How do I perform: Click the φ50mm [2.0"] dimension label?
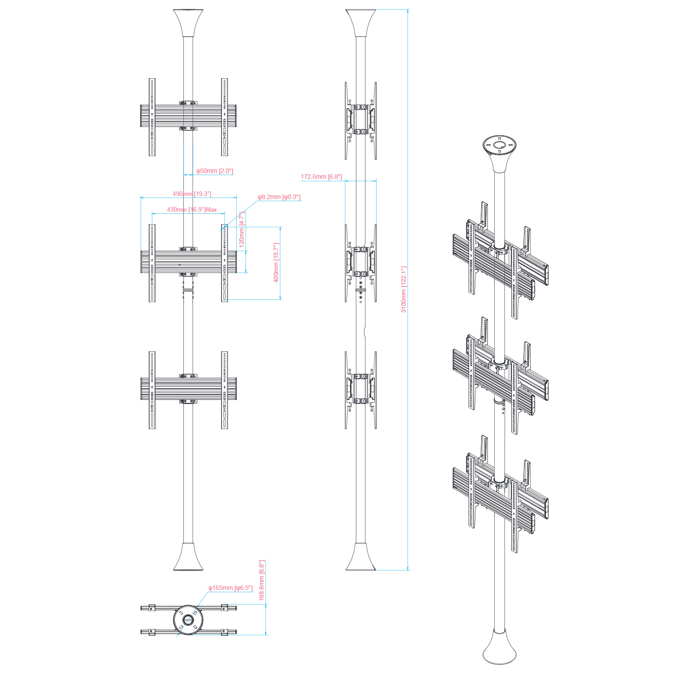click(x=214, y=171)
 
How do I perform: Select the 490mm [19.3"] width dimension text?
click(x=192, y=194)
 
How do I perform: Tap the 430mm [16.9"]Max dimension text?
click(x=192, y=209)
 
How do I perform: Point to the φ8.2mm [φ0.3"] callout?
click(x=279, y=197)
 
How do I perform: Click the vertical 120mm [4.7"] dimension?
click(x=242, y=230)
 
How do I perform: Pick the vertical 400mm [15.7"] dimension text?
click(x=276, y=262)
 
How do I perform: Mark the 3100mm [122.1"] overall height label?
click(x=404, y=289)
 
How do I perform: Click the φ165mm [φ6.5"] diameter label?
click(x=230, y=588)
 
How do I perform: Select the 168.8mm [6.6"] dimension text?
click(x=262, y=580)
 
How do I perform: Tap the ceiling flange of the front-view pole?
click(x=188, y=23)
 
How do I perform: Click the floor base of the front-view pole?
click(x=188, y=557)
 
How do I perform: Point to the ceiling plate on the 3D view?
click(x=499, y=145)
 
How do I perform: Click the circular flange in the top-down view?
click(x=188, y=620)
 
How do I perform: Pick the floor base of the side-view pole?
click(x=360, y=557)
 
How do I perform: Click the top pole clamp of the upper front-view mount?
click(x=188, y=103)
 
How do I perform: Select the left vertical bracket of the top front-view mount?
click(x=152, y=117)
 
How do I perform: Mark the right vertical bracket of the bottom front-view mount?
click(x=224, y=390)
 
